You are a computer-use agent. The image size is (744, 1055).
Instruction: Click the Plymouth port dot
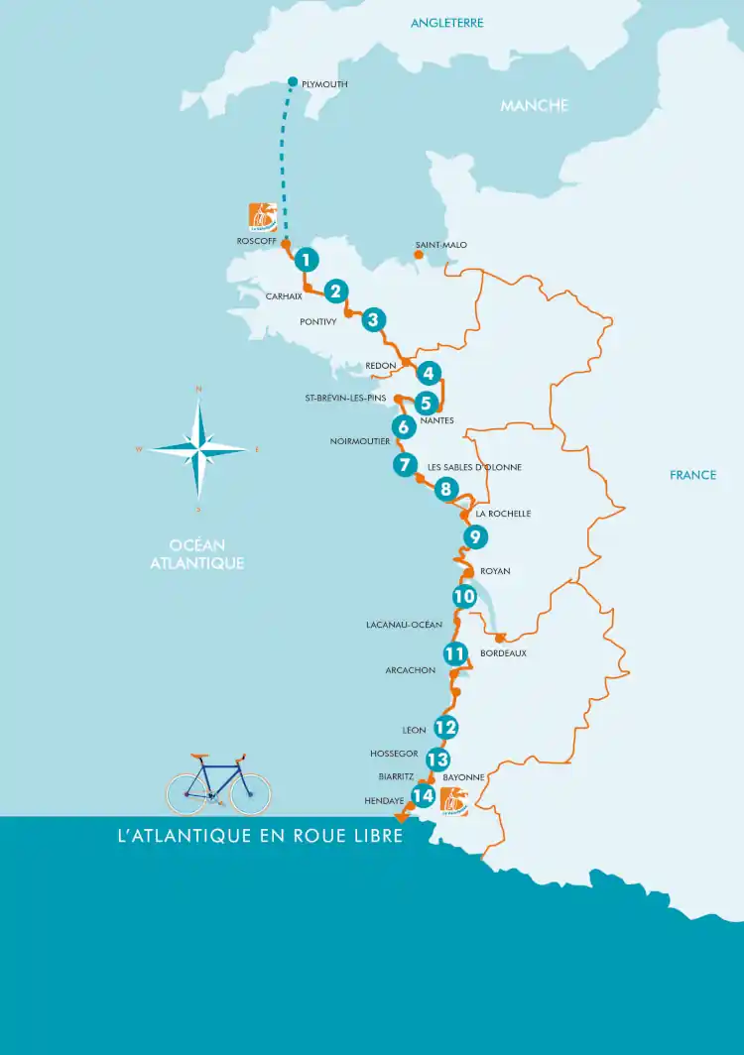[293, 81]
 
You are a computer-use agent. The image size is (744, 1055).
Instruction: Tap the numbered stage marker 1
[308, 260]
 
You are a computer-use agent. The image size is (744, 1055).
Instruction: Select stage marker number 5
[426, 403]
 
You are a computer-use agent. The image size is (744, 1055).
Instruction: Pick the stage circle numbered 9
[475, 537]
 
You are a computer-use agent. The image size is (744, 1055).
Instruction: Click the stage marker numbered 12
[445, 727]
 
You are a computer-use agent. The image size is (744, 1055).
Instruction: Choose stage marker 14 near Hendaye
[424, 795]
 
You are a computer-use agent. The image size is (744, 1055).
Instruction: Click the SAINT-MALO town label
[441, 245]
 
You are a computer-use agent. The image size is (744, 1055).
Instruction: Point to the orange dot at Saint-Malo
[419, 255]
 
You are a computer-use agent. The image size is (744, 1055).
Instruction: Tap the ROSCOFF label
[256, 241]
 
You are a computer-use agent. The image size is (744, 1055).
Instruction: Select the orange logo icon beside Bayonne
[454, 801]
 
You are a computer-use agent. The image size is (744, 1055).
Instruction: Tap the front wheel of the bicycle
[250, 793]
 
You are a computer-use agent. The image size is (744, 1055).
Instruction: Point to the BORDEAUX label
[503, 653]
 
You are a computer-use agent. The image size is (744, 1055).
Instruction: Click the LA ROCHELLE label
[503, 514]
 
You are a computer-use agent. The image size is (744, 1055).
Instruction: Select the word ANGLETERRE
[447, 22]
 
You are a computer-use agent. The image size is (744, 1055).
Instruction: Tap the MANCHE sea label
[534, 105]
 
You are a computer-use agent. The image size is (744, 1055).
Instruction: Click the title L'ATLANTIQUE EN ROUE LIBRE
[260, 836]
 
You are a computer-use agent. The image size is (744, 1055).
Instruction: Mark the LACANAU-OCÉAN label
[404, 625]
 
